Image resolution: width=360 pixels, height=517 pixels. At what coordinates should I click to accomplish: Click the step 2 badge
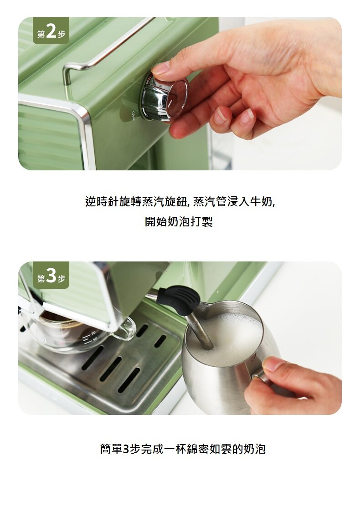pos(51,31)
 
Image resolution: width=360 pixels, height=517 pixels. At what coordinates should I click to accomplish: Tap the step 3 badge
pos(51,275)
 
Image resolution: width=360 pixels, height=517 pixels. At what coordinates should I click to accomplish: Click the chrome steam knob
pos(165,97)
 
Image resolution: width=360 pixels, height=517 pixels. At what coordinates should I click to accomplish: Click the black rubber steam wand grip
pos(178,299)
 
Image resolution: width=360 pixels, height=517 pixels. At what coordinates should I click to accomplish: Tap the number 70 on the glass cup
pos(93,333)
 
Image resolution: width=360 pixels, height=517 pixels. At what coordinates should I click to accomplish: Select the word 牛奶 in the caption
pos(261,201)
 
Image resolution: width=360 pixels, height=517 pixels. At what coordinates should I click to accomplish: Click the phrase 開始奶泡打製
pos(179,221)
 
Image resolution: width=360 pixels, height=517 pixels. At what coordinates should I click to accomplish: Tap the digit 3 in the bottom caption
pos(126,449)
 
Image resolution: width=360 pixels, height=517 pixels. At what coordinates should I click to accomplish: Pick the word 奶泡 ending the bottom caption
pos(255,449)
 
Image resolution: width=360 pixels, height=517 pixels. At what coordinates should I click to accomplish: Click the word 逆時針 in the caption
pos(102,201)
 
